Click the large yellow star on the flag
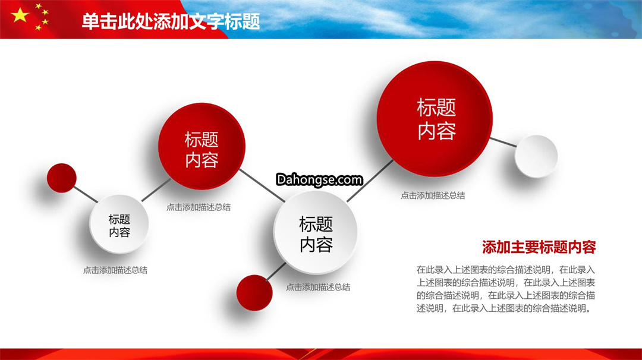[x=20, y=15]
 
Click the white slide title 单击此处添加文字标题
[x=171, y=21]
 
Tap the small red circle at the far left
[x=61, y=178]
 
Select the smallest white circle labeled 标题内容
[x=119, y=224]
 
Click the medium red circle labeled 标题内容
[x=202, y=146]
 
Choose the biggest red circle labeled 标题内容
[x=435, y=119]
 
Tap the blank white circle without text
[x=536, y=156]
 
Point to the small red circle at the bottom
[x=254, y=293]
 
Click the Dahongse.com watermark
[x=319, y=179]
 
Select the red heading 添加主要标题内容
[x=539, y=247]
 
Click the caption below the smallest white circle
[x=115, y=270]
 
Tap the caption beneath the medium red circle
[x=198, y=207]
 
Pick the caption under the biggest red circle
[x=433, y=195]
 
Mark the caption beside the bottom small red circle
[x=318, y=287]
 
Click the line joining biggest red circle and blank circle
[x=503, y=143]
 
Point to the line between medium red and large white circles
[x=262, y=185]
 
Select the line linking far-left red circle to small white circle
[x=86, y=194]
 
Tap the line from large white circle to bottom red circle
[x=276, y=271]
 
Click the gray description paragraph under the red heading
[x=506, y=289]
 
